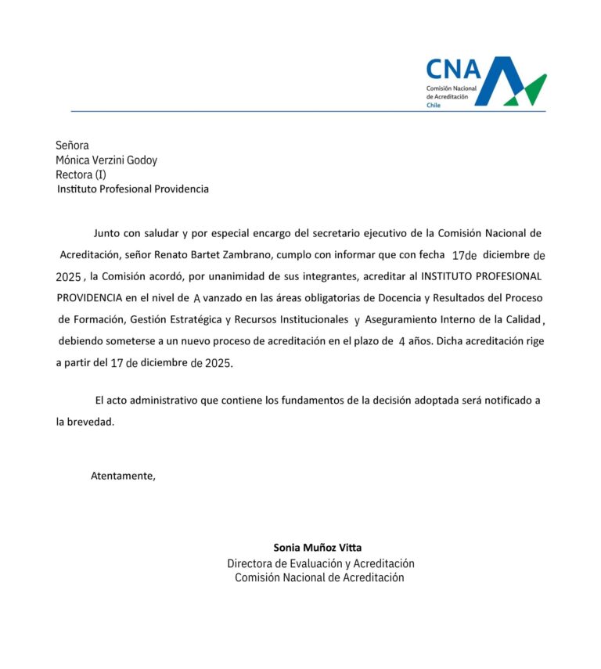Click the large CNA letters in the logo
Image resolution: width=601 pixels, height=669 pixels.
click(x=453, y=70)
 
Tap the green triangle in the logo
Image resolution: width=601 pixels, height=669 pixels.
click(x=531, y=90)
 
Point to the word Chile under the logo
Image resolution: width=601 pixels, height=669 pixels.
click(x=434, y=105)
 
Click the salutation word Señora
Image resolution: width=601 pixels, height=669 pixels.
click(x=72, y=145)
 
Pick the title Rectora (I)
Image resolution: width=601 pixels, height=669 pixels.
click(x=81, y=174)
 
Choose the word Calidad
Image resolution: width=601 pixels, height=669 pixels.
click(x=521, y=319)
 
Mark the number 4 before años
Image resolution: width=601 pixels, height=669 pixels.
click(x=402, y=342)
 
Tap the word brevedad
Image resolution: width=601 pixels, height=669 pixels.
click(x=91, y=422)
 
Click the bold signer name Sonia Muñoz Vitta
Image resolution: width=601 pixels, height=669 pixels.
click(x=318, y=548)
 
